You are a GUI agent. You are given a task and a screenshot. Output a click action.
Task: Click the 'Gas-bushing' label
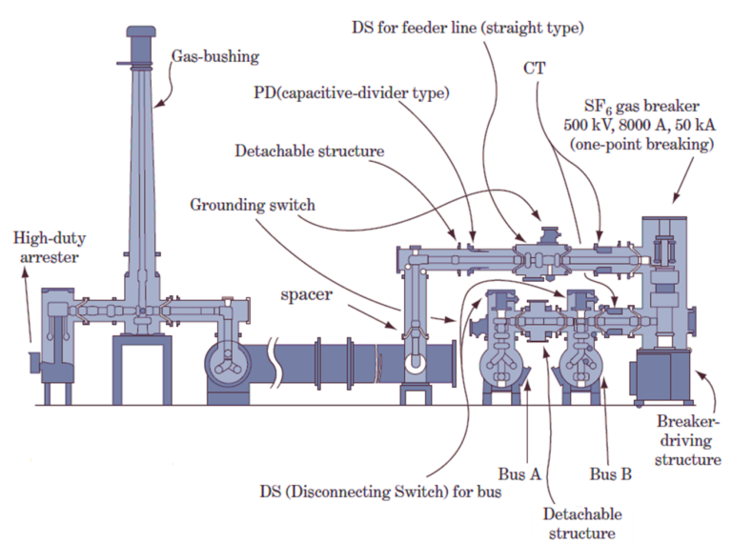coord(214,56)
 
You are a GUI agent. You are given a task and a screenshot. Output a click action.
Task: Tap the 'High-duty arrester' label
coord(49,247)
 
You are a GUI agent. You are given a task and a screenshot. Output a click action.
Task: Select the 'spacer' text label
coord(305,294)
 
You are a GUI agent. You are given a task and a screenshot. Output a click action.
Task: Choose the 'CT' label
coord(535,69)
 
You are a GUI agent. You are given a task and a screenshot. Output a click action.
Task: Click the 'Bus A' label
coord(519,473)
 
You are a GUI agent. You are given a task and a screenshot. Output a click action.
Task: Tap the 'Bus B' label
coord(610,473)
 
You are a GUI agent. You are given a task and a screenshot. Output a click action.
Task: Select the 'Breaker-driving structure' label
coord(688,439)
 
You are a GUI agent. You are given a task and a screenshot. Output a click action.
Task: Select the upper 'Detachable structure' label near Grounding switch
coord(309,151)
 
